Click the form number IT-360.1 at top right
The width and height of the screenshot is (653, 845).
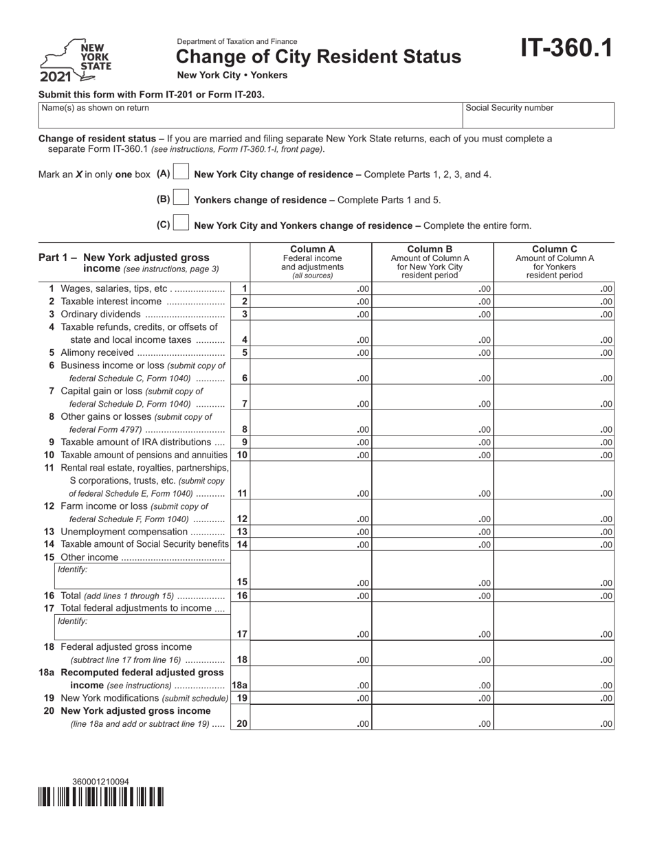tap(566, 49)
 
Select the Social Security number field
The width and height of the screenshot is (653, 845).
tap(538, 115)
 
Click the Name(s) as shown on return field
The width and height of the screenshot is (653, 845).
tap(250, 115)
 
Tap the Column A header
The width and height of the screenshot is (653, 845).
tap(311, 262)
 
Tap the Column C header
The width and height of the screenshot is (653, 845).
tap(554, 262)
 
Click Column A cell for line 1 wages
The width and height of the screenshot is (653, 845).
tap(311, 289)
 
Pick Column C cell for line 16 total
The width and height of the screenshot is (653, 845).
tap(554, 596)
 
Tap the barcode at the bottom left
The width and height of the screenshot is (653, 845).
tap(100, 796)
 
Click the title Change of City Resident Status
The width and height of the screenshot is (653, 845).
tap(319, 57)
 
